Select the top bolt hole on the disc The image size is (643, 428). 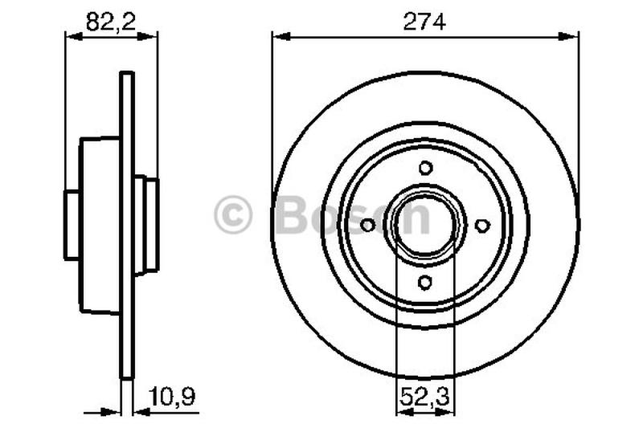coord(425,168)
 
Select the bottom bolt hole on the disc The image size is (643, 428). coord(425,282)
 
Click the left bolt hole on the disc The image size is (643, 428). coord(368,226)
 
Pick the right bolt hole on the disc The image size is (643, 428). coord(482,226)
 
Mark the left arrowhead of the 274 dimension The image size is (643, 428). coord(278,35)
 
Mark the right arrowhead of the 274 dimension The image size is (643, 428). coord(572,35)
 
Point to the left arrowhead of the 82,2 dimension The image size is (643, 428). coord(70,35)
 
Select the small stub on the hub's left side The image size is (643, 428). coord(72,226)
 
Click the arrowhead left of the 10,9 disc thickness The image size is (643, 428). coord(115,412)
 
